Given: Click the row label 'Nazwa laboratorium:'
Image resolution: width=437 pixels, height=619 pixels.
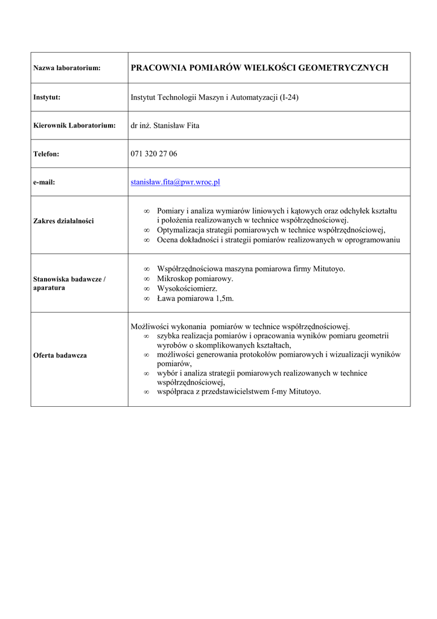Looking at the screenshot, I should pos(66,68).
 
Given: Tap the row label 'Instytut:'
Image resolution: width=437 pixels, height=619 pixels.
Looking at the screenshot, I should pos(46,97).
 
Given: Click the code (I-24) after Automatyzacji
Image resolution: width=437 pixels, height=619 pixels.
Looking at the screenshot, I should pos(289,97).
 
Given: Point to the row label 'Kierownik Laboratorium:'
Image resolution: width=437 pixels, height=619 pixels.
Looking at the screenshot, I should pos(74,126).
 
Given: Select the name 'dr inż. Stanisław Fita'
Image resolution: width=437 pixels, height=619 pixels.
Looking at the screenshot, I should pos(165,126).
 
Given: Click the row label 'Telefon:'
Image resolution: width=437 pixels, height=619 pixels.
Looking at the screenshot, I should pos(46,154).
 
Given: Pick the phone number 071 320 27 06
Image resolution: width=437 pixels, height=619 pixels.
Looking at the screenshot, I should pos(154,154).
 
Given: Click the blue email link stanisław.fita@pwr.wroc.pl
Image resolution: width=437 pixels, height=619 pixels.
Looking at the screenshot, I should pos(175,182).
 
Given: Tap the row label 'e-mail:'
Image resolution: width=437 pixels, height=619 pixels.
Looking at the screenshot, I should pos(44,183).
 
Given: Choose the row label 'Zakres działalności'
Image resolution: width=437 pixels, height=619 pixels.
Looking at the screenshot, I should pos(63,221).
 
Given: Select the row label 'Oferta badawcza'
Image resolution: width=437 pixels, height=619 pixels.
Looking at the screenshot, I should pos(60,355).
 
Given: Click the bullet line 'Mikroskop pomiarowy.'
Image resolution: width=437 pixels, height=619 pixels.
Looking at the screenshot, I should pos(195,279).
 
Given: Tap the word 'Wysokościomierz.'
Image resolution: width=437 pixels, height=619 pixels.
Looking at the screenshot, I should pos(187,289).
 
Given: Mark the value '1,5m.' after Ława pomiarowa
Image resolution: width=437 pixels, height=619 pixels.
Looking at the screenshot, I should pos(225,299).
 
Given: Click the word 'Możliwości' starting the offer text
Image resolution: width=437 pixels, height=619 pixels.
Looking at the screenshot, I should pos(150,326).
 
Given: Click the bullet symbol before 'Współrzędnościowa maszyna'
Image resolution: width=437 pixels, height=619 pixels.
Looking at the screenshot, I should pos(147,269).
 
